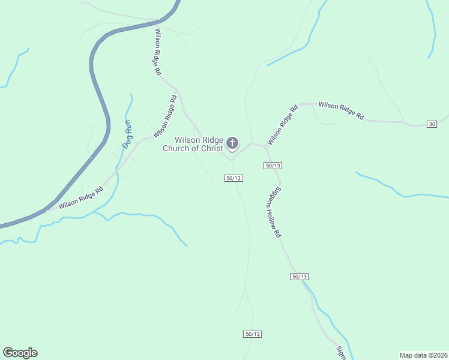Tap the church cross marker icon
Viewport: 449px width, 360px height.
click(232, 144)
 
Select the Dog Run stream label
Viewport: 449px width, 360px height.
click(127, 134)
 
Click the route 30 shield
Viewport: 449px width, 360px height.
click(432, 124)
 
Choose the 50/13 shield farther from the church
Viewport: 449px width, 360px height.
click(299, 277)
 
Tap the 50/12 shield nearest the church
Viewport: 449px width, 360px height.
click(234, 178)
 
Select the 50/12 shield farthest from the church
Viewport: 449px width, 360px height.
click(253, 334)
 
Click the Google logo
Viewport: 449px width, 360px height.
click(20, 353)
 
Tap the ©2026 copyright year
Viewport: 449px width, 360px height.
click(438, 355)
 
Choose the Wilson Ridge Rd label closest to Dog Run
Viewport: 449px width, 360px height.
click(165, 116)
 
